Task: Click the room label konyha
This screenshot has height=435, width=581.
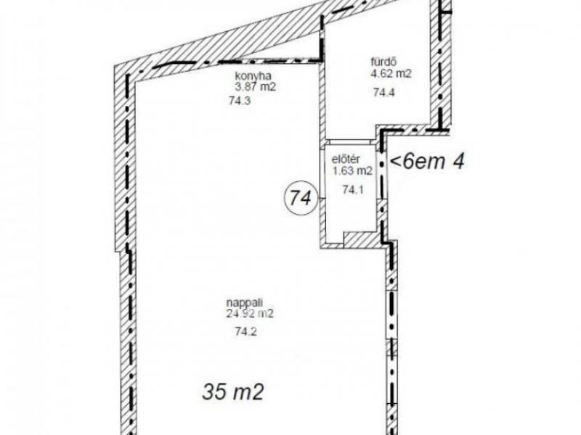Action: tap(253, 76)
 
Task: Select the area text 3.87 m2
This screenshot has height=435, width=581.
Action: tap(256, 88)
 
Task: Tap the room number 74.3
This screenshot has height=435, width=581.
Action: tap(240, 101)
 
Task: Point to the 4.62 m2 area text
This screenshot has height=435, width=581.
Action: tap(391, 74)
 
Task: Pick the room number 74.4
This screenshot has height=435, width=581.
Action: tap(384, 92)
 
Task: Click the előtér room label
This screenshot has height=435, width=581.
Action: tap(346, 159)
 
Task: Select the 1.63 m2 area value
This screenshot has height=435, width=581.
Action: tap(352, 171)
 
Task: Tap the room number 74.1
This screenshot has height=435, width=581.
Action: tap(353, 190)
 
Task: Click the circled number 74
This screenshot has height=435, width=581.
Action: tap(300, 199)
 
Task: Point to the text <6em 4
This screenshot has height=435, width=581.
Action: tap(427, 162)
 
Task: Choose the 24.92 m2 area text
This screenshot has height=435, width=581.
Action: tap(250, 314)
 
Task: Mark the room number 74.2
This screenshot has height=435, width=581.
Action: tap(245, 332)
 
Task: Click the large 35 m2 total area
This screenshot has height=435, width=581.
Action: tap(232, 392)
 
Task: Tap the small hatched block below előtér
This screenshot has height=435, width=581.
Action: tap(362, 239)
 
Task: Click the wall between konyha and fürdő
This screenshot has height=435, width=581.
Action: tap(322, 101)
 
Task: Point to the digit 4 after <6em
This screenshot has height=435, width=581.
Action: tap(458, 162)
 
